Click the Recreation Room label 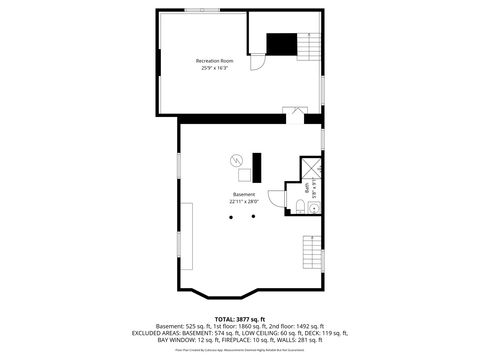214,61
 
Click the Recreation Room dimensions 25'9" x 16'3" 214,68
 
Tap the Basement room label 243,194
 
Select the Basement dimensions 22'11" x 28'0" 243,201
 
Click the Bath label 307,186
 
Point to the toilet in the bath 301,207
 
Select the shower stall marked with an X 310,169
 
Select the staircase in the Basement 312,249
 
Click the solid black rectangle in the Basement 255,164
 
